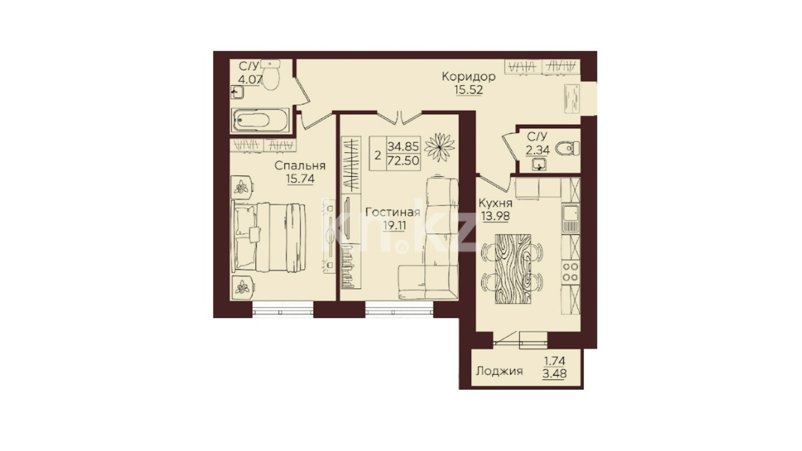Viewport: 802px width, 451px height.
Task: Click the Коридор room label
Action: point(469,77)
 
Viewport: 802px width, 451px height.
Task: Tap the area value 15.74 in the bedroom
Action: point(300,178)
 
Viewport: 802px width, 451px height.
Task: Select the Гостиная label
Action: point(393,212)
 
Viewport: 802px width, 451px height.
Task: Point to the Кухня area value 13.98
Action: point(496,216)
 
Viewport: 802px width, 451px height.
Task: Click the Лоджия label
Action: point(499,371)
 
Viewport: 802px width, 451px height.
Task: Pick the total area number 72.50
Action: point(403,161)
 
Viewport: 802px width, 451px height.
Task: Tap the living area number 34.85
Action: point(403,146)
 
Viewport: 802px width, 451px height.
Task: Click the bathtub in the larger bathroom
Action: point(260,120)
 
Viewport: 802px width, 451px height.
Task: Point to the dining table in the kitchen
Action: point(513,269)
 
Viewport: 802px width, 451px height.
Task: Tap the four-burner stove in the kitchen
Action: point(571,272)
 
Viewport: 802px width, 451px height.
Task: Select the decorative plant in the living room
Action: point(440,147)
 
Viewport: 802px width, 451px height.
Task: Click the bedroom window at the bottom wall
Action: point(283,309)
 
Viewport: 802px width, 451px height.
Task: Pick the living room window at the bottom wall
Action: point(399,309)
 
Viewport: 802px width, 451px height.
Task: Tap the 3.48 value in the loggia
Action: point(554,374)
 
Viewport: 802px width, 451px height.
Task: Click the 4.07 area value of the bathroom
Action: point(251,79)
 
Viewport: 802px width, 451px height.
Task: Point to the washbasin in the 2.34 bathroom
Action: point(538,165)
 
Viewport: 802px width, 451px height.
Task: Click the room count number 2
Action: point(377,156)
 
